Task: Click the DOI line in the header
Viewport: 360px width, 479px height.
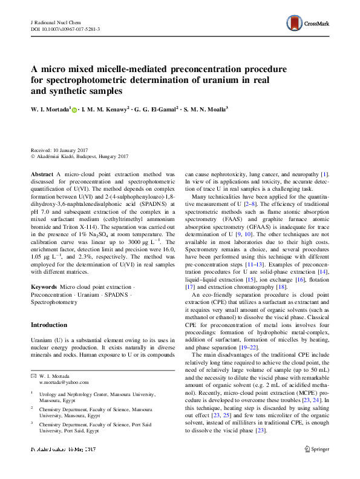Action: (x=65, y=28)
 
